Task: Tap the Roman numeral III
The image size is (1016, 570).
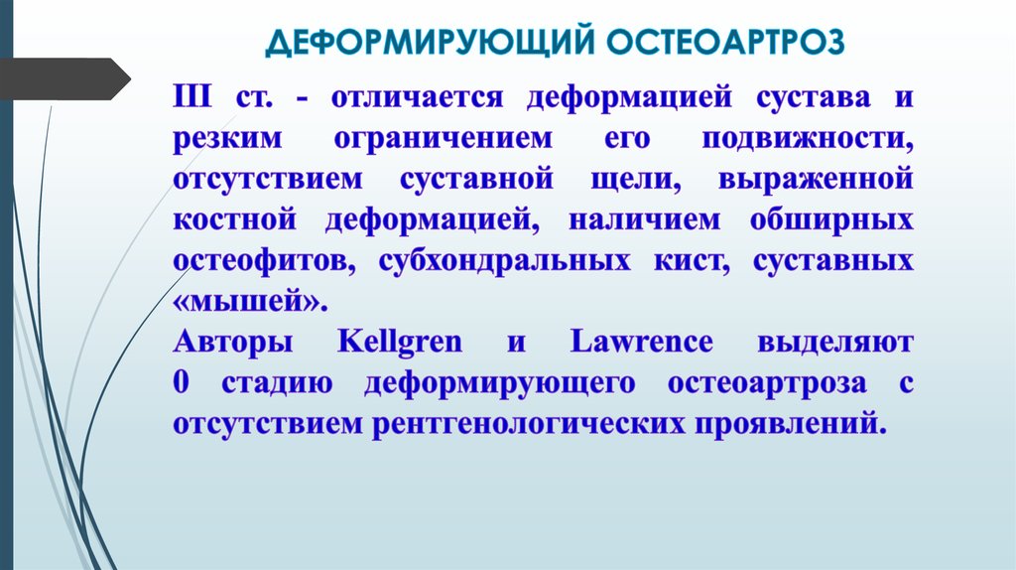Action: click(x=191, y=98)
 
